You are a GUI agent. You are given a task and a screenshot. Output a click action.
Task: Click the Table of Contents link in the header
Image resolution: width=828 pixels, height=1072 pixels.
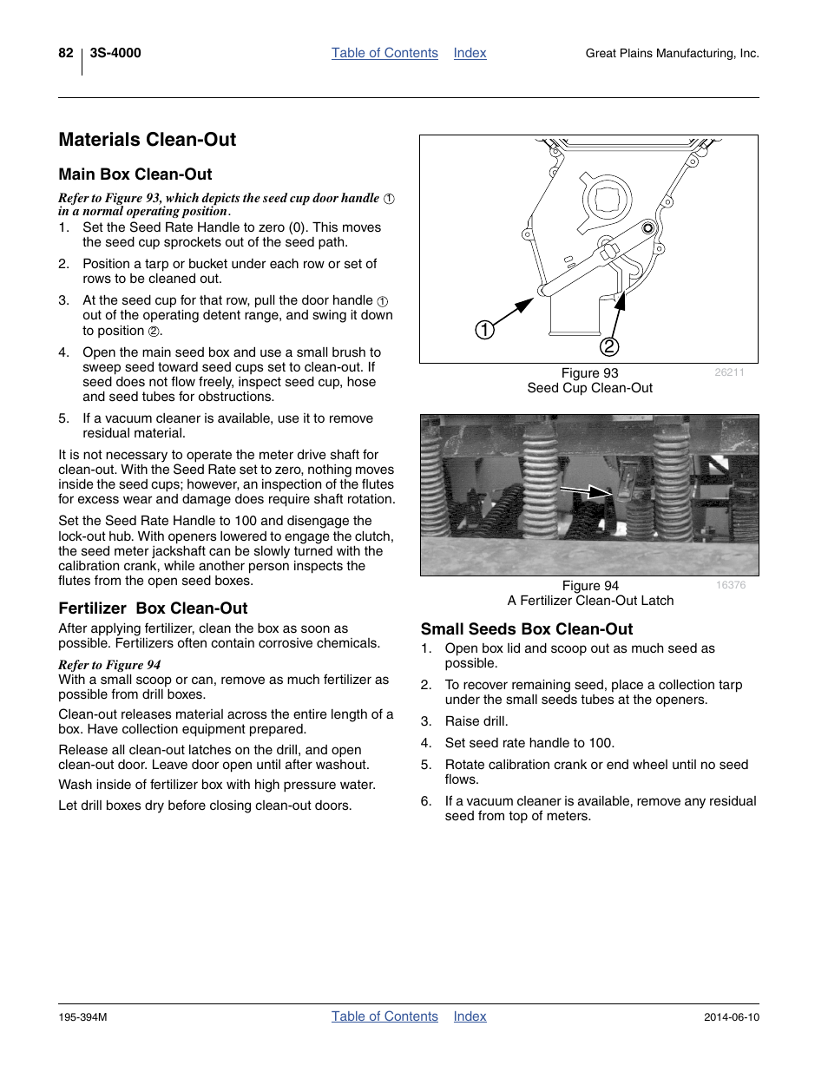(x=384, y=53)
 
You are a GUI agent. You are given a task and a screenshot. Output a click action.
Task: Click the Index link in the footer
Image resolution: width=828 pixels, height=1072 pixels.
(x=470, y=1016)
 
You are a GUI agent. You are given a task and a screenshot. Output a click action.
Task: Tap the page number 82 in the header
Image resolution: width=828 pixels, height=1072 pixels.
(x=66, y=53)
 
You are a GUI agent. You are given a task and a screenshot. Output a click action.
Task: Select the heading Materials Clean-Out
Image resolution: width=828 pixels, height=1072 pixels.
(x=148, y=140)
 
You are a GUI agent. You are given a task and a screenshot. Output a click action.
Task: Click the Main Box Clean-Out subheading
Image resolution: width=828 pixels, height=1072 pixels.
(x=135, y=174)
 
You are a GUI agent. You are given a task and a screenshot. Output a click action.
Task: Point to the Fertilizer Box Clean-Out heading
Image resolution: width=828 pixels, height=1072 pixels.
(x=153, y=608)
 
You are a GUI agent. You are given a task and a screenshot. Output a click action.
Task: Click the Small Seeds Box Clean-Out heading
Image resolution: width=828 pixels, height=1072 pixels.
(x=527, y=629)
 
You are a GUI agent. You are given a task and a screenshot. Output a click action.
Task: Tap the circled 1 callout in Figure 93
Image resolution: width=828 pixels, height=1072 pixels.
(x=484, y=330)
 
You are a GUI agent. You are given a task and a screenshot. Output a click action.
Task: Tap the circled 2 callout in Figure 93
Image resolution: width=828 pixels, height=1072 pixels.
(x=609, y=346)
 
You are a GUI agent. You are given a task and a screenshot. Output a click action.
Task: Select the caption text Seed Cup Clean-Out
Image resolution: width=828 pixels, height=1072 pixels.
(x=589, y=388)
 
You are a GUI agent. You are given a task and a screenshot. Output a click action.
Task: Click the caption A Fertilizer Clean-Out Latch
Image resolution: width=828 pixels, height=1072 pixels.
(x=590, y=601)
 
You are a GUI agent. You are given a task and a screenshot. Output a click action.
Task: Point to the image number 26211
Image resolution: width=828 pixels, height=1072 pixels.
(x=729, y=372)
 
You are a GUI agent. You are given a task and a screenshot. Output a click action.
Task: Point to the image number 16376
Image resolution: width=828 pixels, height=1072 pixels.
(x=730, y=585)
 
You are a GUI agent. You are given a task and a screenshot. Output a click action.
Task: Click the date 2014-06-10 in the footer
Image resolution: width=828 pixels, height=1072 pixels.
(x=731, y=1017)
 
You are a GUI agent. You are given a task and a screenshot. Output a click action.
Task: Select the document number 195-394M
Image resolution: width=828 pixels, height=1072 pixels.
(x=82, y=1017)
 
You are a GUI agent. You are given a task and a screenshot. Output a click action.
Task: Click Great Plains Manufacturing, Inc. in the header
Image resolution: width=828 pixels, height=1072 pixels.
(x=672, y=54)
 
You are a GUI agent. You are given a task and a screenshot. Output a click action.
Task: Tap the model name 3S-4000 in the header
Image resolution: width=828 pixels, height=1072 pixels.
(x=115, y=53)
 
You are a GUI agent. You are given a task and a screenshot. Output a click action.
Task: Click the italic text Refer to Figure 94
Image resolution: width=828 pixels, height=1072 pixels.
(x=109, y=665)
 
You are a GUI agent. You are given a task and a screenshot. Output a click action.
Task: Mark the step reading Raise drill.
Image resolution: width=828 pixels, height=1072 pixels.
(x=476, y=721)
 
